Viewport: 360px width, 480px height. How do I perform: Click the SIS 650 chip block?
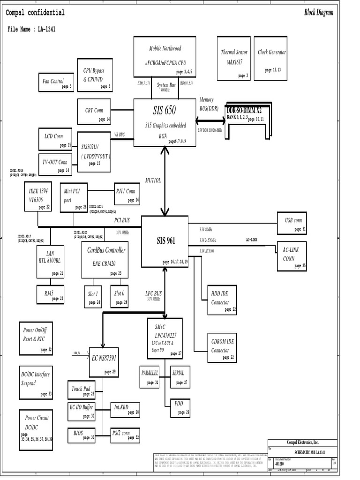click(x=165, y=122)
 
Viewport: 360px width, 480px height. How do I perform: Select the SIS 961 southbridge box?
click(x=165, y=241)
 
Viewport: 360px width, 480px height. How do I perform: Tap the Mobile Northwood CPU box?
click(x=165, y=56)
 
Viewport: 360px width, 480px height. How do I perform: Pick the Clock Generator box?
click(x=272, y=57)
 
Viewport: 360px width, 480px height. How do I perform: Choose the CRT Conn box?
click(x=94, y=112)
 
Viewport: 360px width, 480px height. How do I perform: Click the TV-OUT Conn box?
click(x=55, y=165)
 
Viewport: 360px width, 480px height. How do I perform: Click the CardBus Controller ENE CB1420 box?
click(x=106, y=259)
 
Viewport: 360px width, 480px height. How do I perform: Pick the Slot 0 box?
click(x=120, y=296)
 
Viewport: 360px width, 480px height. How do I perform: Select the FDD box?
click(x=180, y=406)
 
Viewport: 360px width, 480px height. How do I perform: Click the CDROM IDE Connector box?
click(x=222, y=348)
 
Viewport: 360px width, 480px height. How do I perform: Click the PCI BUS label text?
click(x=122, y=219)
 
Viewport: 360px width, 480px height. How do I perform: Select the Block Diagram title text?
click(x=319, y=13)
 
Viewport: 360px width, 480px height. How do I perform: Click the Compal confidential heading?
click(x=35, y=13)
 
